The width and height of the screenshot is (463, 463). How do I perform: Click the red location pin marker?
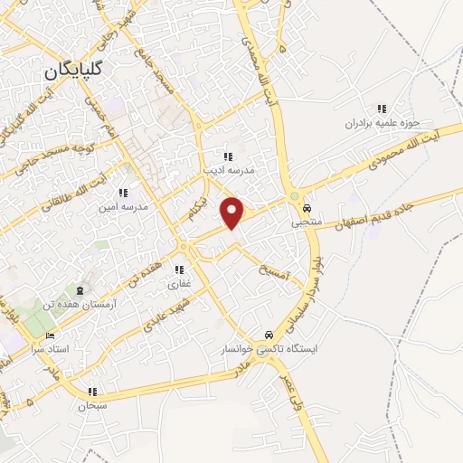point(233,213)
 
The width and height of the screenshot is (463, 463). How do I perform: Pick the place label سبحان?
point(92,406)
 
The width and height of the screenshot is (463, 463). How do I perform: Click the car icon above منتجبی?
point(307,207)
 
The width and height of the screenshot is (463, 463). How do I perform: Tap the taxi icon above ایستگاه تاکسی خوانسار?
point(268,335)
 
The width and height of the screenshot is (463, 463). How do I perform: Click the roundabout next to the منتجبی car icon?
point(295,198)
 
